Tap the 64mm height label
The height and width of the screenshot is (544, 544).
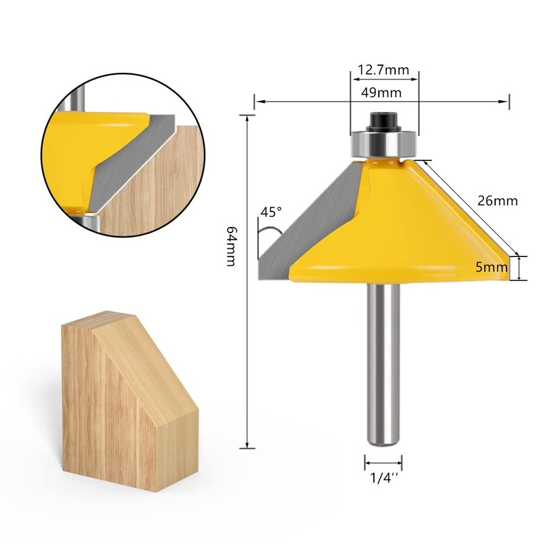pyautogui.click(x=232, y=246)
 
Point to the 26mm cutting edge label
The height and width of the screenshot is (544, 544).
pyautogui.click(x=498, y=201)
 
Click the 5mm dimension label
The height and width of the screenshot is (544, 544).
pyautogui.click(x=492, y=267)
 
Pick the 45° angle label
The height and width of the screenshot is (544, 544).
pyautogui.click(x=270, y=213)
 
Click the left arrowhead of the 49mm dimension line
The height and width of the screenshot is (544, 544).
pyautogui.click(x=257, y=103)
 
